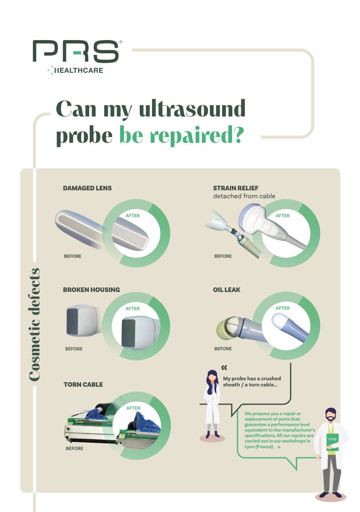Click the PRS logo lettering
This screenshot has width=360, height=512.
click(76, 51)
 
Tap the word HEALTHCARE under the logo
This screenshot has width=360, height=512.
click(79, 70)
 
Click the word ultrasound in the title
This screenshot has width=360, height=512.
click(192, 109)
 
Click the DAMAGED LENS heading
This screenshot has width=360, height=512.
click(87, 188)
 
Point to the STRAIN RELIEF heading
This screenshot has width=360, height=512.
click(236, 188)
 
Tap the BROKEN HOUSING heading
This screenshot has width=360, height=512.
click(91, 290)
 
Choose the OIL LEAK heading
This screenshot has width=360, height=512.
click(227, 290)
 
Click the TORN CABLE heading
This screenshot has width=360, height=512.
click(83, 384)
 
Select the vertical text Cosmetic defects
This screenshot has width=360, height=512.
click(34, 325)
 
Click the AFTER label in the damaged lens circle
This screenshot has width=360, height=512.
click(132, 215)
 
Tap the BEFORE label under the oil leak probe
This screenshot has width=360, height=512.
click(223, 349)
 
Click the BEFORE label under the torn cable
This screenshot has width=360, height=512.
click(75, 448)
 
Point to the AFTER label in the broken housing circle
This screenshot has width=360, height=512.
click(132, 308)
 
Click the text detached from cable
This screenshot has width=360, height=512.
click(244, 196)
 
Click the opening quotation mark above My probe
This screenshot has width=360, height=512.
click(224, 368)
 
